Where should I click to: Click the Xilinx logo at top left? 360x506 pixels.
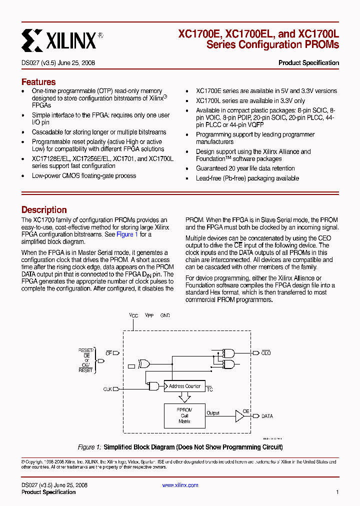point(59,40)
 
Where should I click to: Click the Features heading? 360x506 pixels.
point(38,82)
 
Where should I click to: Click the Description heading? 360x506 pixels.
point(44,210)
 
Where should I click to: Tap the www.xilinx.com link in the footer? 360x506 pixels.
point(180,485)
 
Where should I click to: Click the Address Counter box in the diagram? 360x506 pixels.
point(184,386)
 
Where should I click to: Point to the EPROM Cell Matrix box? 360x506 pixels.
point(184,415)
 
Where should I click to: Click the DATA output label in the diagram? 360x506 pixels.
point(267,416)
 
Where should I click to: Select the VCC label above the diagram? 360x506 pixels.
point(133,316)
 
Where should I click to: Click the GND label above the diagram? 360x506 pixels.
point(165,316)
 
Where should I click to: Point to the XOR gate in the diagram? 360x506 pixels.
point(144,363)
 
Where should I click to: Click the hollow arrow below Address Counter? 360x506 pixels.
point(184,398)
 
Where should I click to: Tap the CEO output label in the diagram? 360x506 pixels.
point(266,353)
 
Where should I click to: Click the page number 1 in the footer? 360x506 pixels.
point(337,492)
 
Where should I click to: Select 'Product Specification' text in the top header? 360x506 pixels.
point(308,63)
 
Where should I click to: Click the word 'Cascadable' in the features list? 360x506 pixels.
point(47,132)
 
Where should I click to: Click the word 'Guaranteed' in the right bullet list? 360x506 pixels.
point(212,168)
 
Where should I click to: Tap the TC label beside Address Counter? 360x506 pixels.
point(209,389)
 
